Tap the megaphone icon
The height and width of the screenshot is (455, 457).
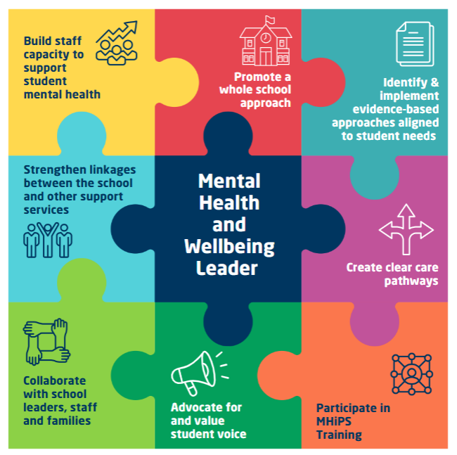coord(200,373)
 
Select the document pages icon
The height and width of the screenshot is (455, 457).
coord(415,44)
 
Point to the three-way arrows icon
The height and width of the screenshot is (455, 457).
coord(406,230)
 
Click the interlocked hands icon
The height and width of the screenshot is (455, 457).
coord(46,342)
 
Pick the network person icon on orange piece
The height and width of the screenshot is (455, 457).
coord(411,374)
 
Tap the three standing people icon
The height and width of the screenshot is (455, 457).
coord(48,241)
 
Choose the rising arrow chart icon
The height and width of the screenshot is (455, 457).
coord(117,43)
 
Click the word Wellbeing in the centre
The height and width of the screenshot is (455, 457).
coord(229,247)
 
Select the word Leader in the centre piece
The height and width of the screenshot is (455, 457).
coord(227,268)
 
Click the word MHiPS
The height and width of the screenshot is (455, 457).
coord(334,421)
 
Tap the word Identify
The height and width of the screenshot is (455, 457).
coord(405,83)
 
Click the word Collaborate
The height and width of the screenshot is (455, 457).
coord(55,380)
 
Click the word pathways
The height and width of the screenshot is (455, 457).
coord(411,281)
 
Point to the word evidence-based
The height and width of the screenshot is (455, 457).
coord(396,109)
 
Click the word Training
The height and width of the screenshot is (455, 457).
coord(339,435)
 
